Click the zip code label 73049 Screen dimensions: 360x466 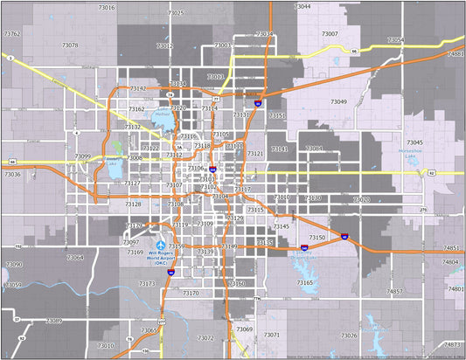click(338, 102)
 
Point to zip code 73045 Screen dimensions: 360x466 click(414, 142)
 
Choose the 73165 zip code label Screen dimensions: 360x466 click(304, 283)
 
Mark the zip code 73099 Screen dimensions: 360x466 click(82, 156)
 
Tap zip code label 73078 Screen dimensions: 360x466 click(70, 45)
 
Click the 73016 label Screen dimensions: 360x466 click(106, 7)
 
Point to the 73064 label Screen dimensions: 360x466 click(75, 257)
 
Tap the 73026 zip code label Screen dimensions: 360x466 click(348, 336)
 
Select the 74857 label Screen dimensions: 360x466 click(394, 291)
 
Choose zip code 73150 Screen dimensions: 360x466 click(317, 238)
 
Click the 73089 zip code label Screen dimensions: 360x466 click(54, 322)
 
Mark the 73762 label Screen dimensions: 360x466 click(12, 33)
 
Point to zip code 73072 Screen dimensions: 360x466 click(205, 337)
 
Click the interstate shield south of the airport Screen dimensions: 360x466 click(171, 273)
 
